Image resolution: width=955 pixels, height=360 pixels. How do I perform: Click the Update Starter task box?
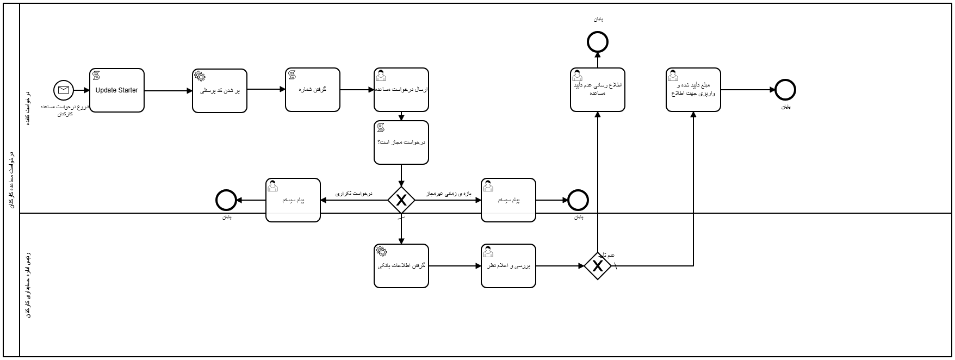tap(117, 90)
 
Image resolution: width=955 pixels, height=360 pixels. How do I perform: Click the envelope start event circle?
tap(64, 90)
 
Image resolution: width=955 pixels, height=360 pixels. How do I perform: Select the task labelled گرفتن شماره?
tap(313, 90)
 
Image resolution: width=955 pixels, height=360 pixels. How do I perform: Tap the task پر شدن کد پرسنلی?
tap(220, 91)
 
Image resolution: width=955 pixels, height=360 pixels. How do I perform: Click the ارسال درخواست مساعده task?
tap(401, 90)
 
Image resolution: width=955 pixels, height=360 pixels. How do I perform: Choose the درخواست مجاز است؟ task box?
tap(401, 142)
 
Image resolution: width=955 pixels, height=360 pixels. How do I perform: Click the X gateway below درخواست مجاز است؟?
tap(401, 200)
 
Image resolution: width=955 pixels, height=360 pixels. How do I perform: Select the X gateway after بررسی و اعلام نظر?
tap(598, 266)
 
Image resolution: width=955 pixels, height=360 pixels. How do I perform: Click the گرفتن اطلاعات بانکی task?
tap(401, 266)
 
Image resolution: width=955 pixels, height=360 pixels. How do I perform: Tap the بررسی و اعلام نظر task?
tap(508, 266)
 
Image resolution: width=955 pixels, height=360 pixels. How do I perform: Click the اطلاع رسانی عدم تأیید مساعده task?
tap(598, 90)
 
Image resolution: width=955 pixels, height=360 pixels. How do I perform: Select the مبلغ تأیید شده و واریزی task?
tap(693, 90)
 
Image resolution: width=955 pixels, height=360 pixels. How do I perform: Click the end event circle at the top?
tap(598, 41)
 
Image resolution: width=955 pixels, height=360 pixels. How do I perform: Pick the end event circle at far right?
tap(785, 90)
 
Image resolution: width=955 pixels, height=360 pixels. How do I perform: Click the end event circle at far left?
tap(226, 200)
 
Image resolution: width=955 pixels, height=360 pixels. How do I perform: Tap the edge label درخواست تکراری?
tap(354, 194)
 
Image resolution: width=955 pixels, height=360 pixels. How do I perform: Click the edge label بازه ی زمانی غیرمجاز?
tap(448, 194)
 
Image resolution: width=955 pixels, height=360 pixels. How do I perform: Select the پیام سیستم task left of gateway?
tap(293, 200)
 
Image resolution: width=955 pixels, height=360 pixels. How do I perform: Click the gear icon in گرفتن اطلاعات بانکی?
tap(382, 251)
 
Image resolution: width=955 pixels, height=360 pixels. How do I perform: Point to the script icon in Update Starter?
tap(97, 75)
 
